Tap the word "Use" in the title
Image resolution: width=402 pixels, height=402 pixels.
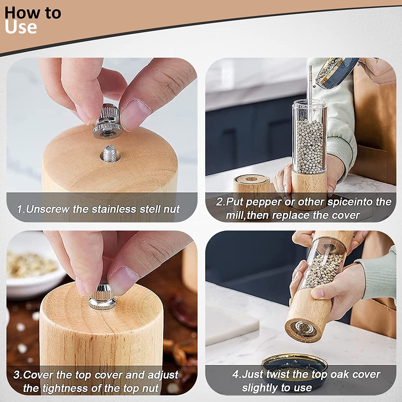coord(21,27)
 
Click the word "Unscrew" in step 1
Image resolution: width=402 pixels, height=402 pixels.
coord(48,209)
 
